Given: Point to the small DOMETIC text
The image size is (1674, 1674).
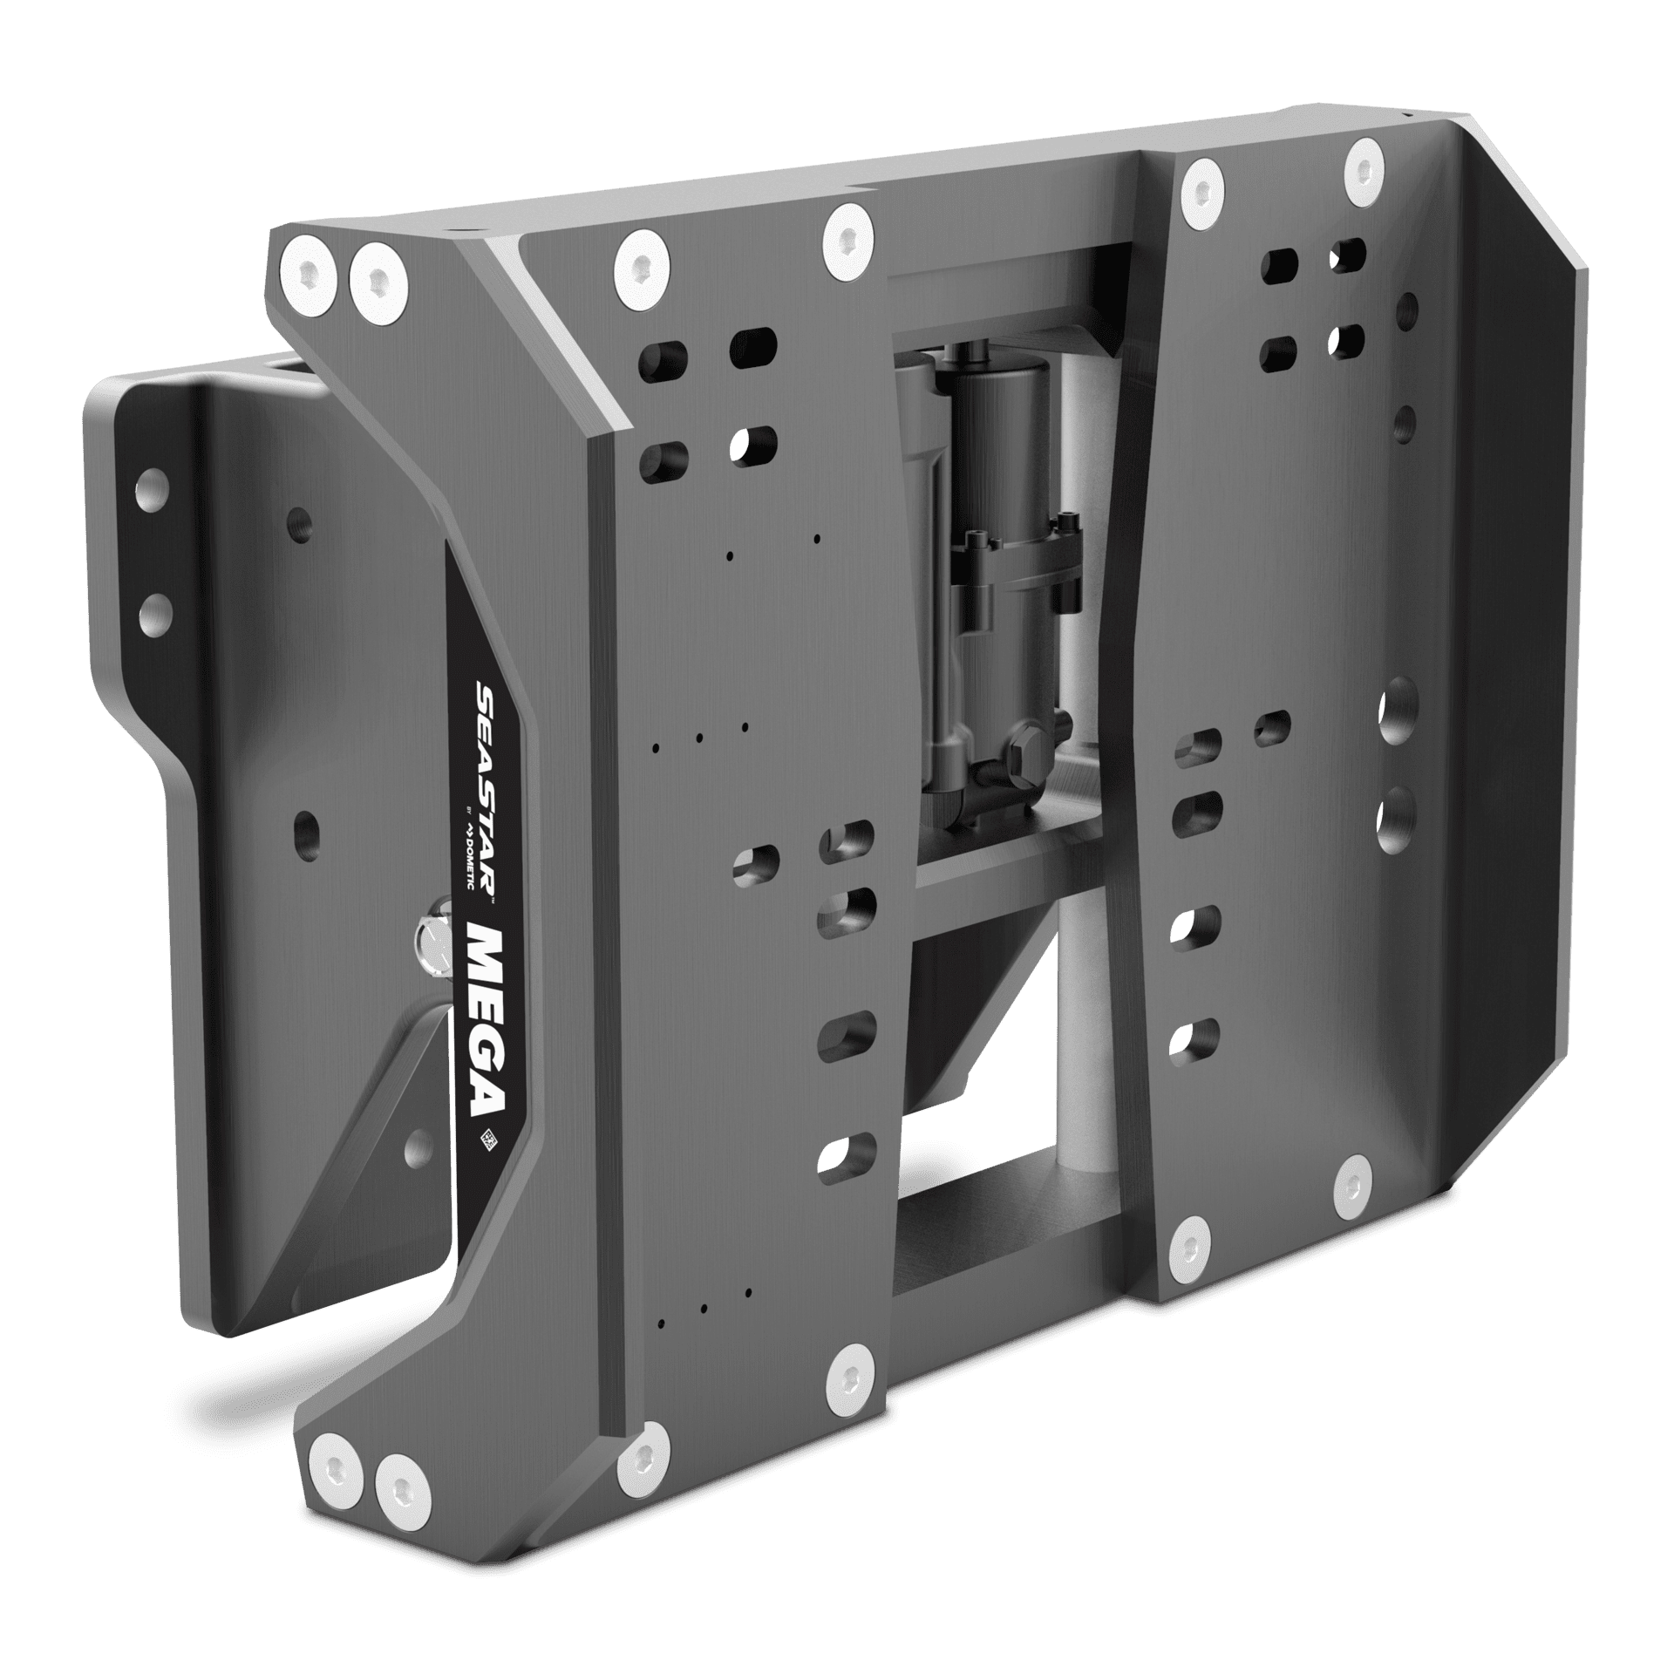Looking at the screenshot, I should tap(469, 846).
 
